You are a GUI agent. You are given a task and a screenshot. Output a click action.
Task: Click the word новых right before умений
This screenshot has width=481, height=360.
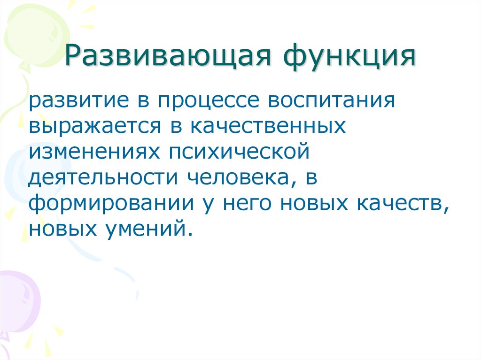point(63,230)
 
